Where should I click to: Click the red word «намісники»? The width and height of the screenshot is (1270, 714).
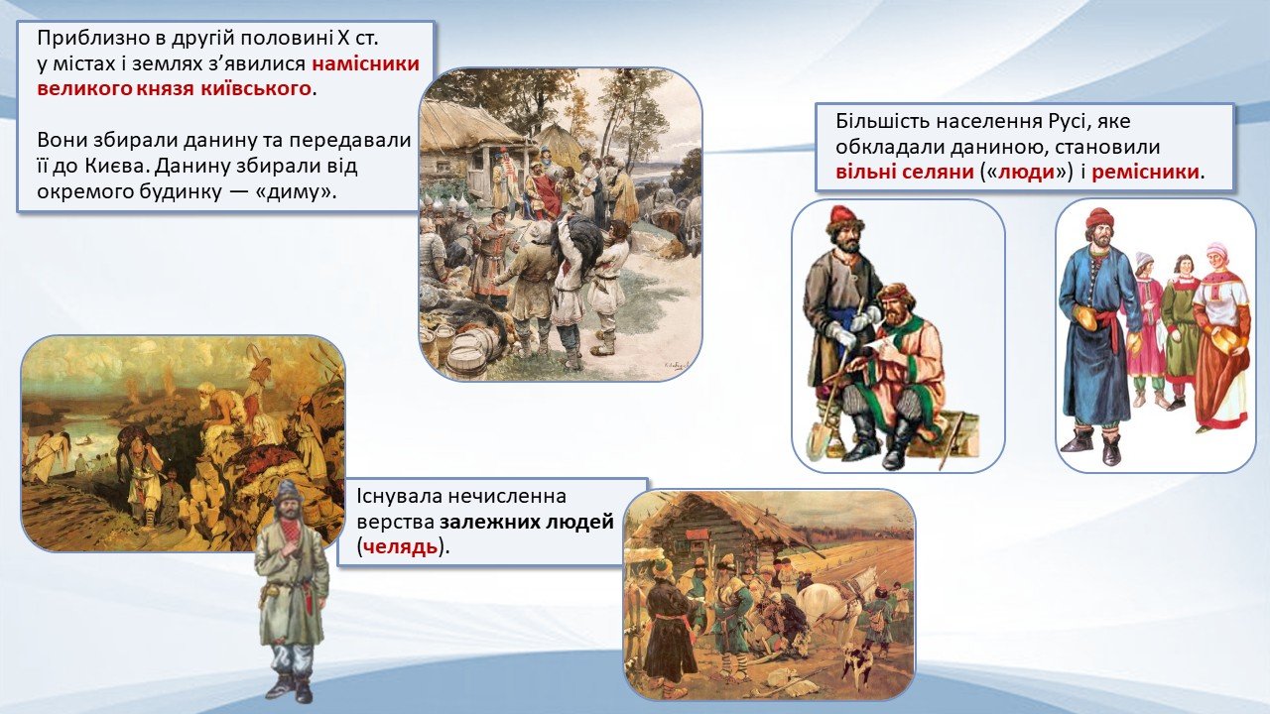click(366, 63)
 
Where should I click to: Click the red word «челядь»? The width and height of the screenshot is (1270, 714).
click(400, 546)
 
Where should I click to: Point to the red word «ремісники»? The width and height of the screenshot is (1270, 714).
click(1145, 172)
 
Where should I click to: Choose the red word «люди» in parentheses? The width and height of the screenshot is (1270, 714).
click(1026, 172)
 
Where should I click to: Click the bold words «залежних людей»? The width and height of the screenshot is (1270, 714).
click(527, 522)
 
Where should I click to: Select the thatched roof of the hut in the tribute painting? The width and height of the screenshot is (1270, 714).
click(471, 122)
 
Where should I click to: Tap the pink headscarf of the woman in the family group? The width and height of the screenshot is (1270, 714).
click(1216, 250)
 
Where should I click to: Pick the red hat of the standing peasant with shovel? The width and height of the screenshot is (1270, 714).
click(844, 215)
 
